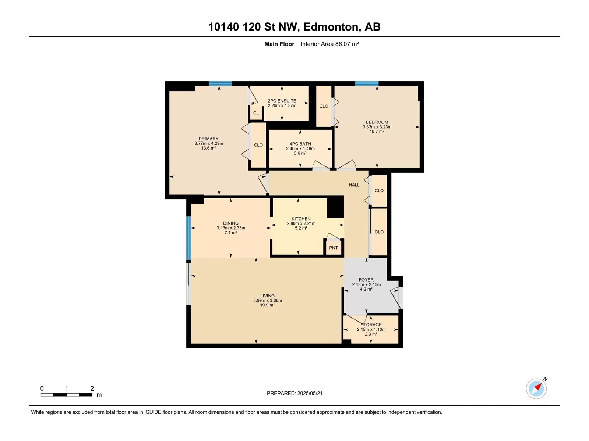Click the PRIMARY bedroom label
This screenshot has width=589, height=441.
(208, 139)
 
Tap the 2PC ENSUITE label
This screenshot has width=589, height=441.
(282, 101)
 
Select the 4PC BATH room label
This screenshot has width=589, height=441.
(300, 144)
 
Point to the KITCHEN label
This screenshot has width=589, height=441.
(301, 219)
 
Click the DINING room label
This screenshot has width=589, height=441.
(230, 223)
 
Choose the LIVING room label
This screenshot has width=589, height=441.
(267, 296)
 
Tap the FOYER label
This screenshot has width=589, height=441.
(366, 280)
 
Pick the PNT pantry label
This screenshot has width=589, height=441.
(333, 248)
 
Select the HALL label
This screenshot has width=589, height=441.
(354, 185)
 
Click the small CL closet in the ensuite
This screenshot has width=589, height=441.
(256, 113)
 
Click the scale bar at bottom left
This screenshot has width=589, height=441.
(67, 395)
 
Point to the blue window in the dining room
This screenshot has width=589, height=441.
(188, 238)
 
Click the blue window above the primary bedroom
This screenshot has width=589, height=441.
(220, 83)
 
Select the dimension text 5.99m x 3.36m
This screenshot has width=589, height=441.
(267, 300)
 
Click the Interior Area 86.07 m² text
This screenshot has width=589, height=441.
(329, 44)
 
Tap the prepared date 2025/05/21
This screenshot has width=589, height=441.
(310, 393)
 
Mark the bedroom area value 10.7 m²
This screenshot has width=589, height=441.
(377, 132)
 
